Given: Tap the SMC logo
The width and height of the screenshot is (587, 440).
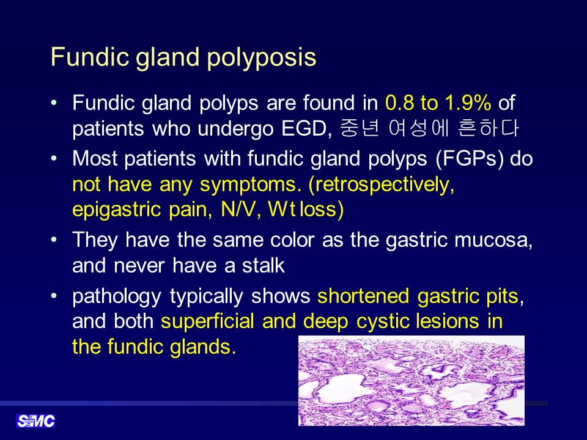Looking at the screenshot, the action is pyautogui.click(x=35, y=421).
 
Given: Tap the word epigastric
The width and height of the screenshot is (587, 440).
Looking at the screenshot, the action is pyautogui.click(x=116, y=210).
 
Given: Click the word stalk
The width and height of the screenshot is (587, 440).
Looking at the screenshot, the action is pyautogui.click(x=263, y=265).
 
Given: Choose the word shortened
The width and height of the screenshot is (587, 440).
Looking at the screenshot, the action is pyautogui.click(x=363, y=296).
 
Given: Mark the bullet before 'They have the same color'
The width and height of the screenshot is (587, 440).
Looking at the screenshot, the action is pyautogui.click(x=54, y=239).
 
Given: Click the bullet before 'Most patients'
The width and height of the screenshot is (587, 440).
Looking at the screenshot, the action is pyautogui.click(x=54, y=158).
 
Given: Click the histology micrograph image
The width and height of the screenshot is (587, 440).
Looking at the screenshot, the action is pyautogui.click(x=412, y=381).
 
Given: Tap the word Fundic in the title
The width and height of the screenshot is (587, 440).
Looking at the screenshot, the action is pyautogui.click(x=89, y=57).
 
